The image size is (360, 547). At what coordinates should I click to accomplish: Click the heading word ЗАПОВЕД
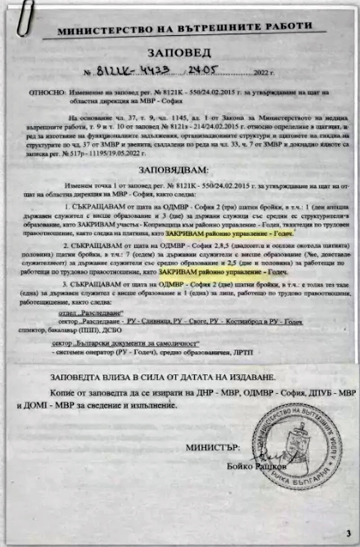pos(179,54)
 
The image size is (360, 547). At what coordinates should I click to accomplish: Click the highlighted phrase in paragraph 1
pos(229,234)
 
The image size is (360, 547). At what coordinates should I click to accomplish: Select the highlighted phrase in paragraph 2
pos(223,273)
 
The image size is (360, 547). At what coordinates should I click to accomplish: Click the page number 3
pos(349,534)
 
